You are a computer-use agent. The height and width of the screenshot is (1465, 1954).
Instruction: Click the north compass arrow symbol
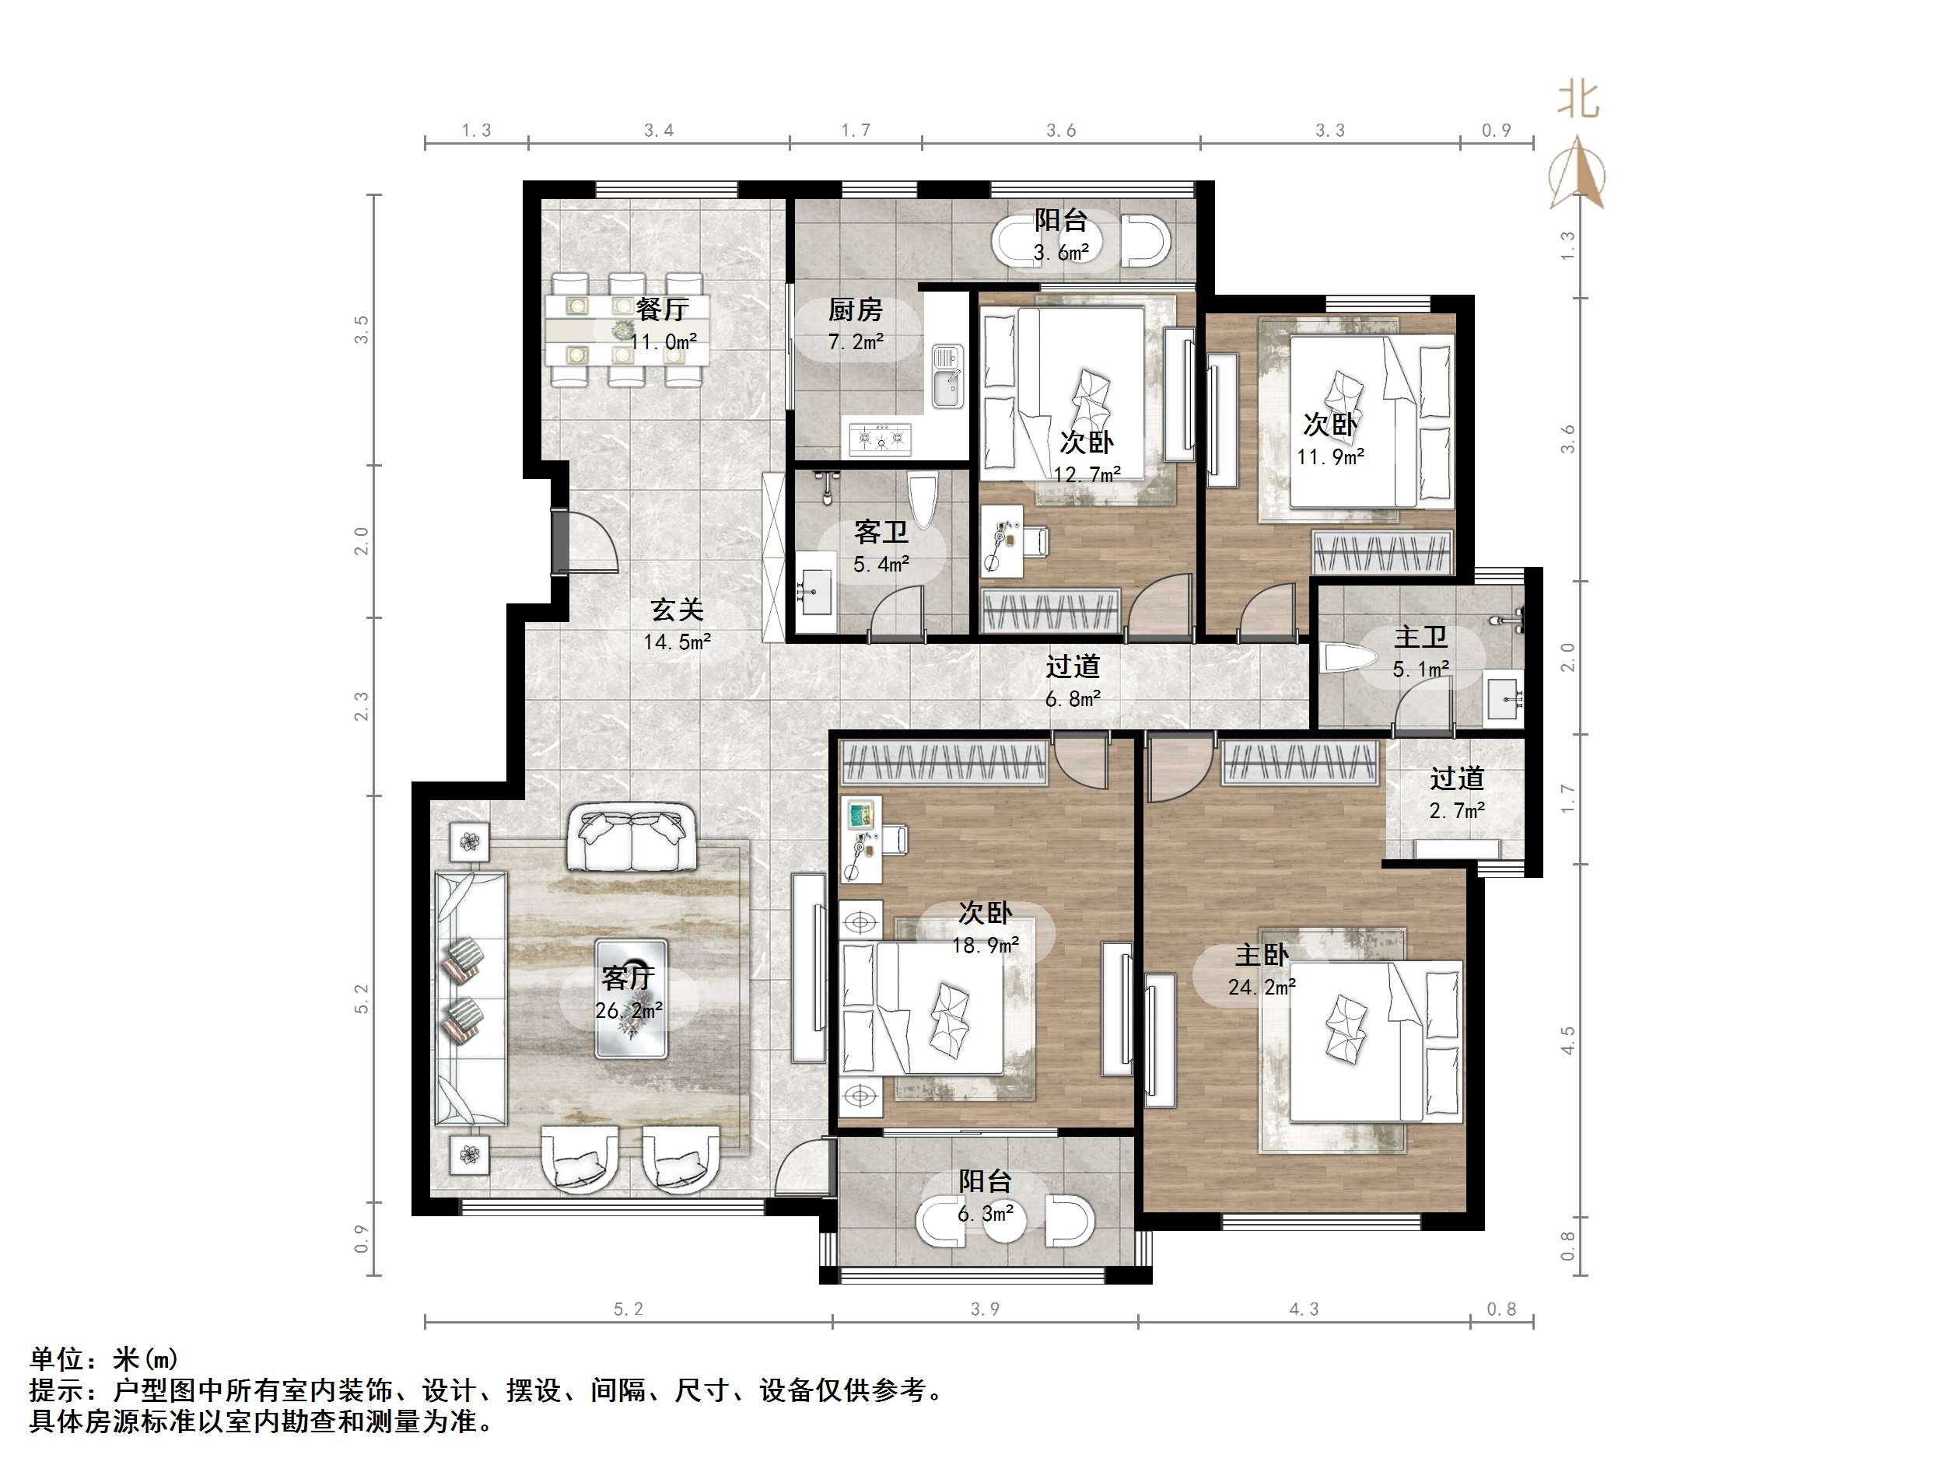click(1578, 172)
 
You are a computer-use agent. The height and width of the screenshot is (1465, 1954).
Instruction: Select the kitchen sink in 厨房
click(947, 378)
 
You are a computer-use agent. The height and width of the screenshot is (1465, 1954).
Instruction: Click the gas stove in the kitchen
click(880, 438)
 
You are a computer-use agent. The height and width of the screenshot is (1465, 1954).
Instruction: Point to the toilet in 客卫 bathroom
click(923, 504)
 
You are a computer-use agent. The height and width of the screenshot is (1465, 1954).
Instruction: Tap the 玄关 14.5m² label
click(677, 625)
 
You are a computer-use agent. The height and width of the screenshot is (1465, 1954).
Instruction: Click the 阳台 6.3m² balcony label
click(985, 1197)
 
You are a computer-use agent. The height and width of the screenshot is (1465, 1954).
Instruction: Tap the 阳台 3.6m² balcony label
click(1060, 235)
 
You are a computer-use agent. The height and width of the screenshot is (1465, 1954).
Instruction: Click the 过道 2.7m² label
click(1457, 793)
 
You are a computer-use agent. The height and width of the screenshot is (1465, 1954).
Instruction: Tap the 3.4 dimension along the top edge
click(658, 131)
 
